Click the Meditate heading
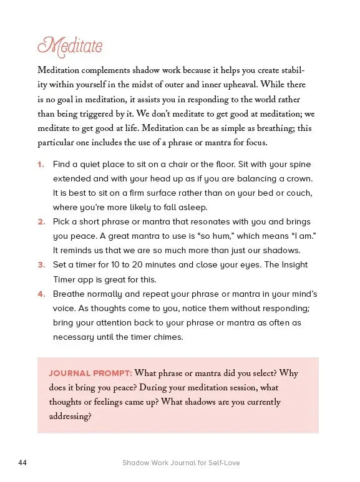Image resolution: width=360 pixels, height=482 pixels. click(x=70, y=47)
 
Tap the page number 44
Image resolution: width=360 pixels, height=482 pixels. click(x=23, y=463)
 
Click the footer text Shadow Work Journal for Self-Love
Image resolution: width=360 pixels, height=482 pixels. click(x=181, y=463)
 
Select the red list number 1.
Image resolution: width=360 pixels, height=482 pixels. click(x=41, y=165)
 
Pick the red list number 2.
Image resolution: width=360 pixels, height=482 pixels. click(x=41, y=222)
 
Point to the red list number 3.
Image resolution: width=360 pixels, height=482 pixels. click(x=41, y=265)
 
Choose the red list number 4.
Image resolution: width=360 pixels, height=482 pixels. click(x=41, y=294)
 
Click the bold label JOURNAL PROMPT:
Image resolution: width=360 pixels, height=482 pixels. click(x=90, y=374)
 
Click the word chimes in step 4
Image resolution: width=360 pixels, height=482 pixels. click(x=168, y=337)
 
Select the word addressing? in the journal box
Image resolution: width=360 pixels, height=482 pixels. click(x=71, y=417)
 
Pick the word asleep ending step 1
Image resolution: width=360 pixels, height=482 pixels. click(x=190, y=208)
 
